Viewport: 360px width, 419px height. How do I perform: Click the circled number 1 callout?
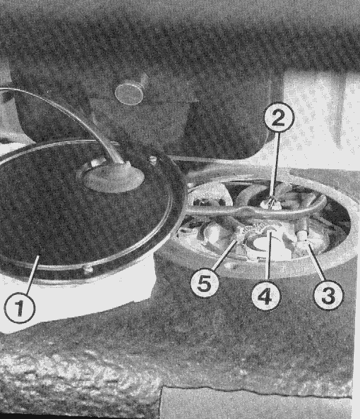[20, 308]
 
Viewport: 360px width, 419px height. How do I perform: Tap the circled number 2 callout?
[279, 117]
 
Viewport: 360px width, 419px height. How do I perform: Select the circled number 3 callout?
[328, 294]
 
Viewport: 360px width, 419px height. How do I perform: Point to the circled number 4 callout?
[266, 296]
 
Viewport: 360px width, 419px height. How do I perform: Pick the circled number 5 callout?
[205, 284]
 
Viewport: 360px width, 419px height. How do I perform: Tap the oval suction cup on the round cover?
[114, 178]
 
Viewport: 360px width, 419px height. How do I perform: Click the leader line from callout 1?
[33, 274]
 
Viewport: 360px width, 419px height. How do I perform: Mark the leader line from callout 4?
[268, 257]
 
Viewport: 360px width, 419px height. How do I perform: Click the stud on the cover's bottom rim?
[88, 269]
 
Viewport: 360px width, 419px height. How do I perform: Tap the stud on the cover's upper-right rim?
[152, 160]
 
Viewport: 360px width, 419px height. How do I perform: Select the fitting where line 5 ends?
[240, 236]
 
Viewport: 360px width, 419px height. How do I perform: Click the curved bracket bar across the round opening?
[256, 210]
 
